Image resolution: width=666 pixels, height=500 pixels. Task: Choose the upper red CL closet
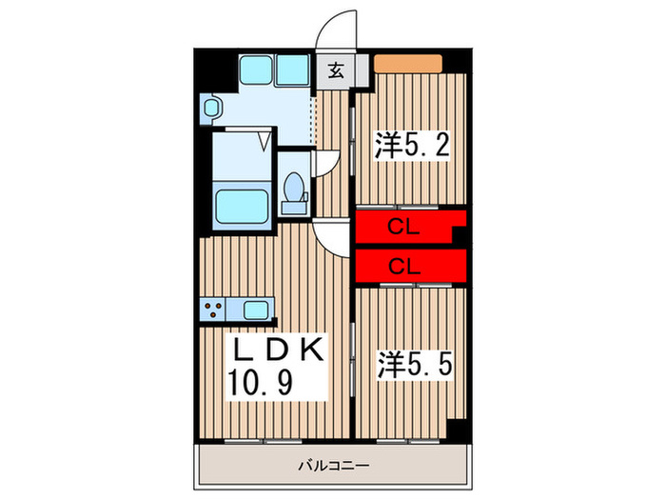(x=404, y=227)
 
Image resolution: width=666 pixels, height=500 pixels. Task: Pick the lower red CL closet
(x=404, y=266)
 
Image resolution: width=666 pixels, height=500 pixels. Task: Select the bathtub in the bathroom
(x=242, y=205)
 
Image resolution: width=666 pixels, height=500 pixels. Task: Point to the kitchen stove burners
(x=214, y=310)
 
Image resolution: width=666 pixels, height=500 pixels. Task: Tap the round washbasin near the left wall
(x=211, y=108)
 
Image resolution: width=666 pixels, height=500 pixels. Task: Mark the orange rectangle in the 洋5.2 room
(x=407, y=65)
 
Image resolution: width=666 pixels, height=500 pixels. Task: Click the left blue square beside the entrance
(x=254, y=70)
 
